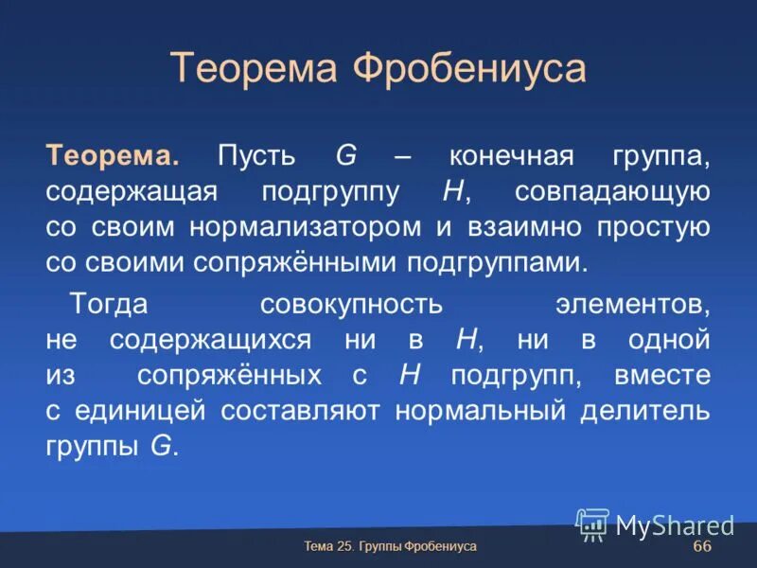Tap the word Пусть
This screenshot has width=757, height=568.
255,155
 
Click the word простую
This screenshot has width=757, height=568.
653,227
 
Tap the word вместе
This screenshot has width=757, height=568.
661,375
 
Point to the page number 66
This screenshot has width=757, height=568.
702,548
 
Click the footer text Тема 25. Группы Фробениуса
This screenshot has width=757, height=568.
390,547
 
